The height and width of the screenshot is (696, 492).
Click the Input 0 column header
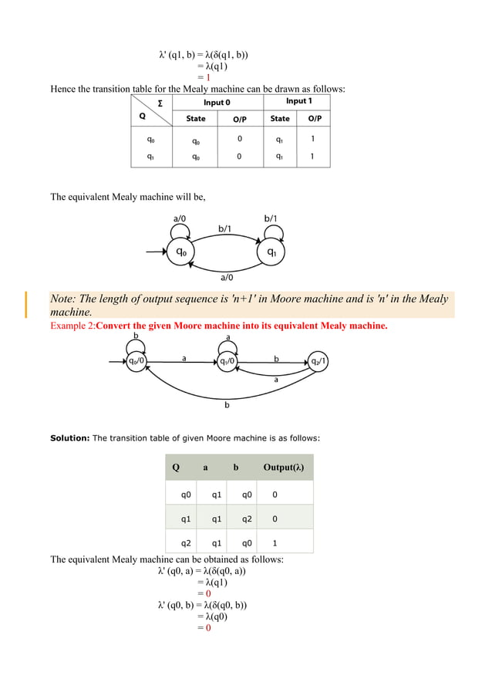pyautogui.click(x=217, y=103)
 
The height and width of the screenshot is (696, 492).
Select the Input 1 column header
pyautogui.click(x=299, y=102)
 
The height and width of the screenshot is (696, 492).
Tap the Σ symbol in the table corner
pyautogui.click(x=160, y=103)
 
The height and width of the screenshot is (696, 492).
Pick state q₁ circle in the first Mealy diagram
pyautogui.click(x=271, y=252)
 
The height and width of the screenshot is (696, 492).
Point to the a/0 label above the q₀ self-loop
pyautogui.click(x=179, y=218)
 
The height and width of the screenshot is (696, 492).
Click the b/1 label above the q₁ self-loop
pyautogui.click(x=271, y=218)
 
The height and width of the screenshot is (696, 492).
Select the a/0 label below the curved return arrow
pyautogui.click(x=227, y=278)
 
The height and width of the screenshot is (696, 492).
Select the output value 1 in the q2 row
pyautogui.click(x=275, y=542)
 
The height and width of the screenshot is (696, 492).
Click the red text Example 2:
pyautogui.click(x=72, y=326)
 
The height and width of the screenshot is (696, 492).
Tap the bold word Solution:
pyautogui.click(x=70, y=438)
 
